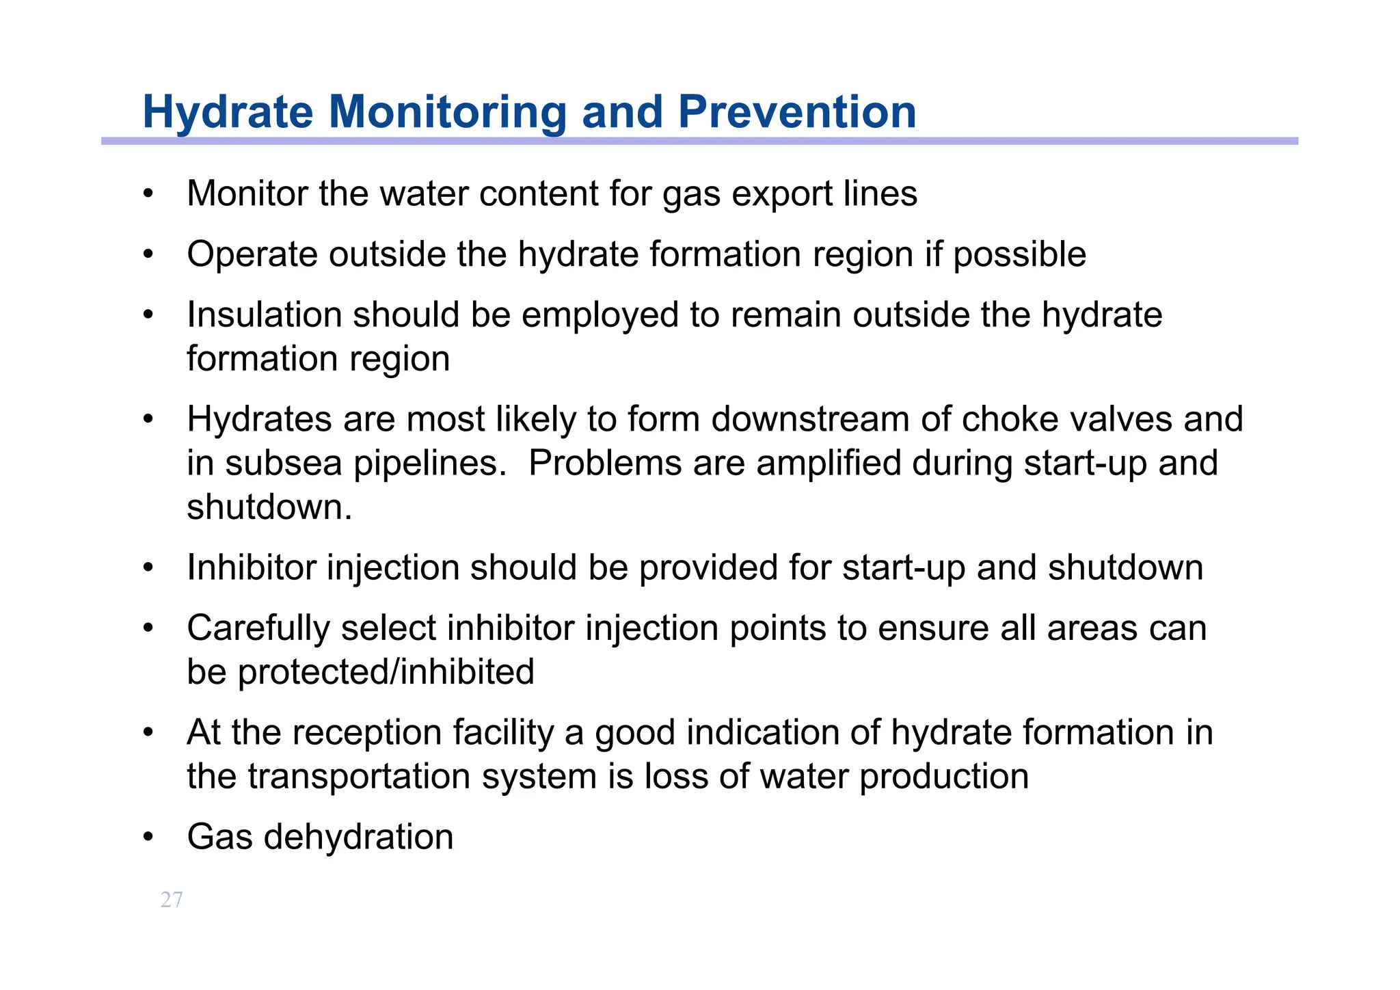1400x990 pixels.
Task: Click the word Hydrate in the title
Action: [228, 111]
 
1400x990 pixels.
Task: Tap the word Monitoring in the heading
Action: [447, 111]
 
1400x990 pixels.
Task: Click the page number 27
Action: [172, 900]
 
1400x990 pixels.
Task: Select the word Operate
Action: [252, 255]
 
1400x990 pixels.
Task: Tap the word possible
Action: [1019, 255]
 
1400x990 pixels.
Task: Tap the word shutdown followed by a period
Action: [269, 507]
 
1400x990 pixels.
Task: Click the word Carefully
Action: [258, 628]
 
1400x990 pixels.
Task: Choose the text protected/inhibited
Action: [386, 672]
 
